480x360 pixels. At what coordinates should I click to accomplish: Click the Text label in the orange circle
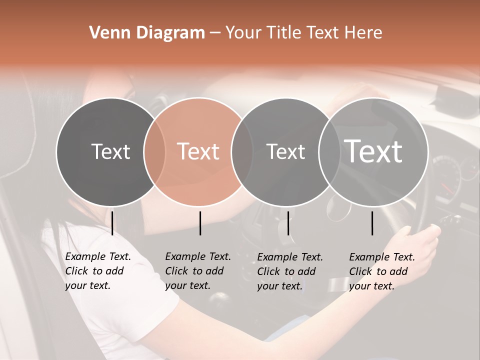point(198,151)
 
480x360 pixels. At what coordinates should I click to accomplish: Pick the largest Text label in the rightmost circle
point(373,151)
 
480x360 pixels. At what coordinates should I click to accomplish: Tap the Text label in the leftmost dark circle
point(110,151)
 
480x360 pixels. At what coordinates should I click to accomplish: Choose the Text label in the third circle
point(285,151)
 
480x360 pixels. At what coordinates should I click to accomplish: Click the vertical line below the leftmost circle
point(112,223)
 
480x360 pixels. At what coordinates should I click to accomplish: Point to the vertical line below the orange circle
point(200,223)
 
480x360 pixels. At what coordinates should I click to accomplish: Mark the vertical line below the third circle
point(288,223)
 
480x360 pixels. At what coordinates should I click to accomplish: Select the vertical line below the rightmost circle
point(372,223)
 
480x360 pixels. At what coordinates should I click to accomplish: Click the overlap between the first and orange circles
point(154,152)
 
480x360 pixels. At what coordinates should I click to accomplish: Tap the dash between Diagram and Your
point(215,33)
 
